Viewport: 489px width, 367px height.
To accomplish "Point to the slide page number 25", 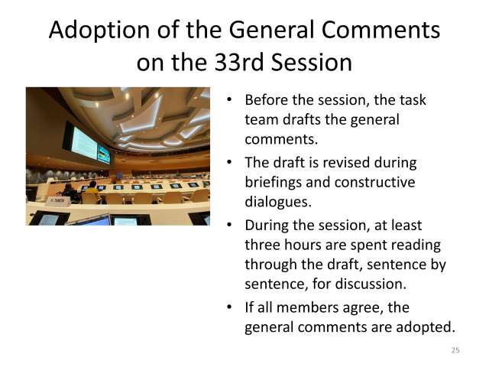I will [455, 350].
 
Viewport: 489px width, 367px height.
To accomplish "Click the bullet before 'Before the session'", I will [231, 101].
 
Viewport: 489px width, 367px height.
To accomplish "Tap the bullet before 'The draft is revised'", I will [231, 163].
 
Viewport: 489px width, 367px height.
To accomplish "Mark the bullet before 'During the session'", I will [231, 226].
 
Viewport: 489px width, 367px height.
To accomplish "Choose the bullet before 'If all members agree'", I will [231, 308].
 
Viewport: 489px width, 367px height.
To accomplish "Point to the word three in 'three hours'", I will [263, 245].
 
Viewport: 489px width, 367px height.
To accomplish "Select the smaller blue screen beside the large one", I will [104, 153].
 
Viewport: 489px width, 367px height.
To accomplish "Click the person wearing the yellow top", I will [92, 186].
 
